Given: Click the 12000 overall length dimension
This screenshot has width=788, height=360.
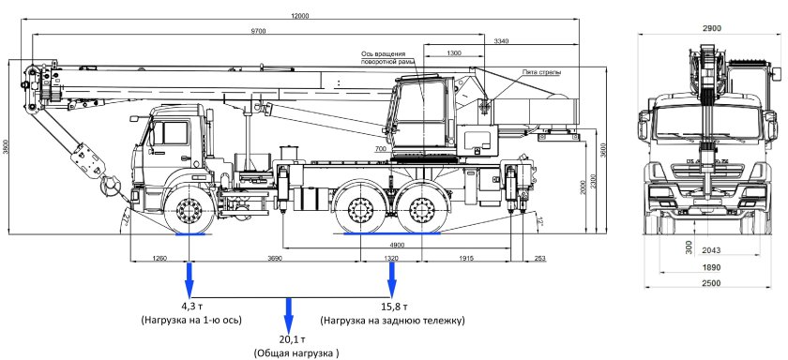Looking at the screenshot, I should [x=299, y=17].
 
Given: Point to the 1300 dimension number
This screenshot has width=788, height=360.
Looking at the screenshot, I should [x=453, y=53].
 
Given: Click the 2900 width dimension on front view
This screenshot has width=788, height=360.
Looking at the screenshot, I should [x=712, y=29].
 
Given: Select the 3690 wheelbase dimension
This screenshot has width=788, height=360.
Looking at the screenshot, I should [x=274, y=258].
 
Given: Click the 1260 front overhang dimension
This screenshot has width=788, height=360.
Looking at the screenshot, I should [x=159, y=258].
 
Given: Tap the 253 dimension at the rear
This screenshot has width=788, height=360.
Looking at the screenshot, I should [x=538, y=258].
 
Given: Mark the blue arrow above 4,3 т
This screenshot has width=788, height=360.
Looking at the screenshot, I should [x=189, y=278].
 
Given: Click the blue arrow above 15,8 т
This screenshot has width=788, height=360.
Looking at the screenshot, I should [x=392, y=278].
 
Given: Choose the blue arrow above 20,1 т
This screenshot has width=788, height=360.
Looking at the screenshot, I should [x=289, y=313].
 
